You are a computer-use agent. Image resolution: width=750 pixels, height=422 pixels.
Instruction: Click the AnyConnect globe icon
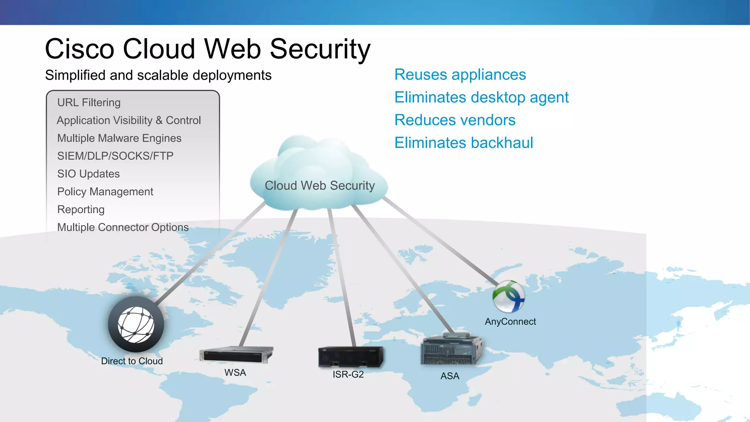(x=508, y=296)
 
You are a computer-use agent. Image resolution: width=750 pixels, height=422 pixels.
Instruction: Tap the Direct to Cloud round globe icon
(x=136, y=325)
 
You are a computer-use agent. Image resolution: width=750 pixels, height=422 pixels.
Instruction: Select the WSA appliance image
(x=236, y=355)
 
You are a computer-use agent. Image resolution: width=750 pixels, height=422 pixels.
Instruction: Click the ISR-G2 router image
(x=350, y=357)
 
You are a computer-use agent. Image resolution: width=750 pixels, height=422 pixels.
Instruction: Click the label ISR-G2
(x=348, y=374)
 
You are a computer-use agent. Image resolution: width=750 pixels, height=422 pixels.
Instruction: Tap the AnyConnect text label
(x=510, y=322)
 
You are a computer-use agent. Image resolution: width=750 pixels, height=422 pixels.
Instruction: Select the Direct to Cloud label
(x=132, y=361)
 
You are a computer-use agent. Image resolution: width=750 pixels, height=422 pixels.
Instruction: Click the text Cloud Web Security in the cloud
(x=320, y=186)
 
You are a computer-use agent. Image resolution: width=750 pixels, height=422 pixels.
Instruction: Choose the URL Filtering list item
(x=89, y=103)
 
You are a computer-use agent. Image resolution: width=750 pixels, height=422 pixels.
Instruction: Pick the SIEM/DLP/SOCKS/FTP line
(x=115, y=156)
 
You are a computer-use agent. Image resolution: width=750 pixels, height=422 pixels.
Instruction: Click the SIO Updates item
(x=88, y=174)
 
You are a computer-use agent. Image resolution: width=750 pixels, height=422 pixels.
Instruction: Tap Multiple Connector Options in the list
(x=123, y=227)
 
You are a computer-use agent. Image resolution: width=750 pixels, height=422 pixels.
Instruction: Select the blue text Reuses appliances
(x=460, y=75)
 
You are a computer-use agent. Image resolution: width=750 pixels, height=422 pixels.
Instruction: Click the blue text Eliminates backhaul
(x=464, y=143)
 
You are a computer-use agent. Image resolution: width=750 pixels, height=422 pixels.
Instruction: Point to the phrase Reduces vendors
(x=455, y=120)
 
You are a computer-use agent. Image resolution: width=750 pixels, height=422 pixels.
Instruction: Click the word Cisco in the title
(x=79, y=49)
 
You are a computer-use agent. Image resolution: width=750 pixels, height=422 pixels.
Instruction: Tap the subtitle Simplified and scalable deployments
(x=158, y=75)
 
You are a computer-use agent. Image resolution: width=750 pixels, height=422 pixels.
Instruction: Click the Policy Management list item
(x=105, y=192)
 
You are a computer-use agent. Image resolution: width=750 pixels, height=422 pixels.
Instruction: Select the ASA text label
(x=450, y=376)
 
